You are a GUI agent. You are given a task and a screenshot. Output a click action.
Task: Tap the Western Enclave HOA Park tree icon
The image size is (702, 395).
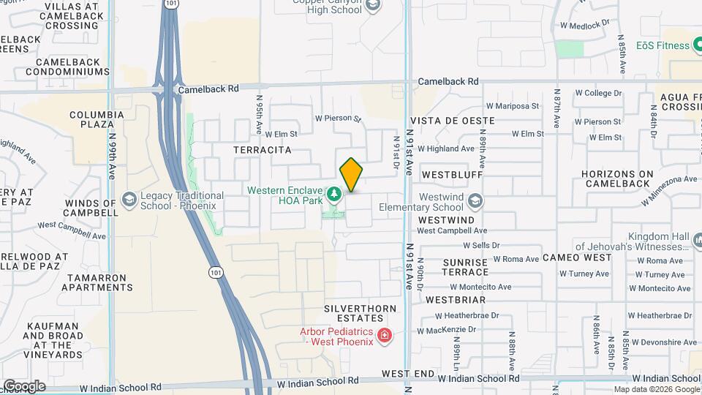pos(334,194)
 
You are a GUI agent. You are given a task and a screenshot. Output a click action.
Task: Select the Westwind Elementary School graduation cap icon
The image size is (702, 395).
pos(475,200)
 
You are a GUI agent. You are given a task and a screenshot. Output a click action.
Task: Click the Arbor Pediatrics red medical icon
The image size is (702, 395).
pos(385,336)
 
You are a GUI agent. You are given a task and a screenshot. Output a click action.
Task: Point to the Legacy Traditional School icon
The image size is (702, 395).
pos(129,200)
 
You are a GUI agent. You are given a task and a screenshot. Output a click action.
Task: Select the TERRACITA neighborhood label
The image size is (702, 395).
pos(262,150)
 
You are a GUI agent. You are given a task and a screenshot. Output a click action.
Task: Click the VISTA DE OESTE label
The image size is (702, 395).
pos(444,120)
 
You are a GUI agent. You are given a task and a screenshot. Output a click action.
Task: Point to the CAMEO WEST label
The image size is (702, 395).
pos(577,257)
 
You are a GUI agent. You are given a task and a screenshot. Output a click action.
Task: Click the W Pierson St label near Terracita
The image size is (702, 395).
pos(339,118)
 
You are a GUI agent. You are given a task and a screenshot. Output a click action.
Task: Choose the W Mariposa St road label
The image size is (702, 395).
pos(512,106)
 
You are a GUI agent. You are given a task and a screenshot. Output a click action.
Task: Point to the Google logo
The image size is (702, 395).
pos(24,385)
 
